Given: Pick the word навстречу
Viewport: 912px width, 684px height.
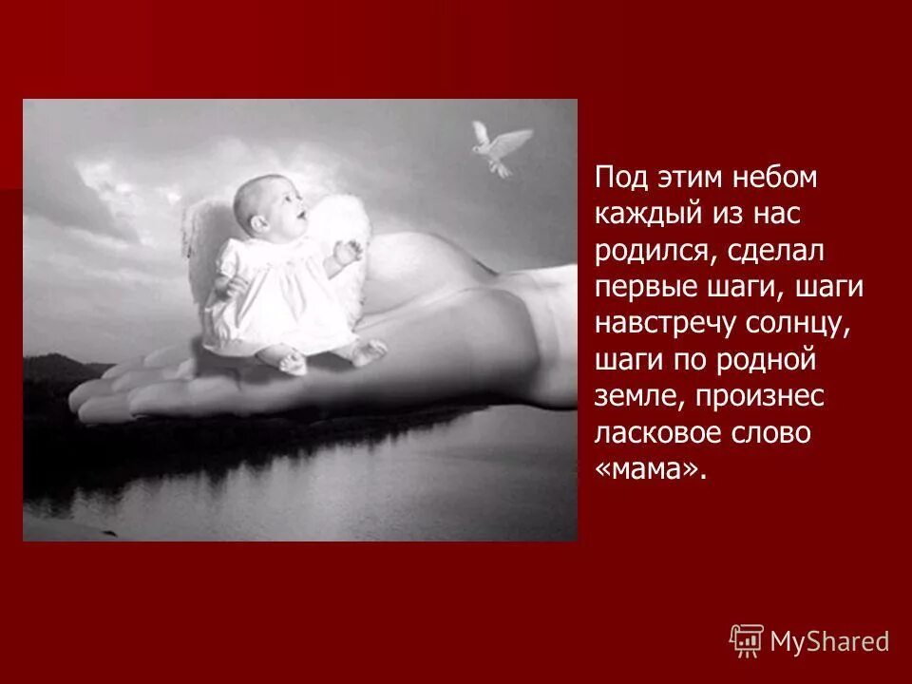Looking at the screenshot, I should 665,324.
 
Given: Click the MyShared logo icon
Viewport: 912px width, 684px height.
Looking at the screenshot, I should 747,640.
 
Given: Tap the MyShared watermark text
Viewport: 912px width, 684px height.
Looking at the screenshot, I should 829,641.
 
